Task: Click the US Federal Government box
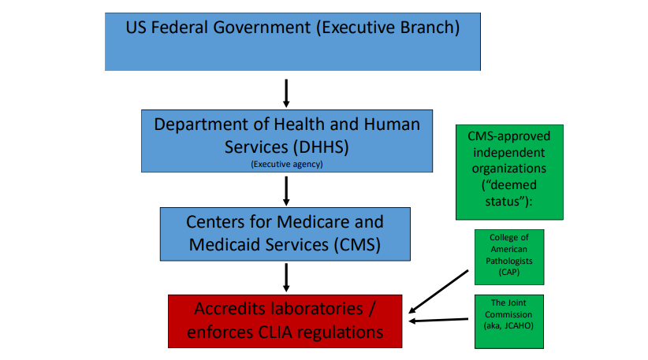[292, 42]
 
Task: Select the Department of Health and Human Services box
[287, 141]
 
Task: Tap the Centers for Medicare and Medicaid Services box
[285, 234]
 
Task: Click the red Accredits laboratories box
[285, 321]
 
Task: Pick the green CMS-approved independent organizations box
[509, 173]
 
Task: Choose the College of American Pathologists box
[509, 258]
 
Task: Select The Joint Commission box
[509, 321]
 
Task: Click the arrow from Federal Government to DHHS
[286, 93]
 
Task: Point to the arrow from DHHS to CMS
[286, 191]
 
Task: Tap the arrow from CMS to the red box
[286, 278]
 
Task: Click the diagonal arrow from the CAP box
[438, 291]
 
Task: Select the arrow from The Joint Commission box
[438, 320]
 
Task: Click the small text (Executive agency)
[287, 165]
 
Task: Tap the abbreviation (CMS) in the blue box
[357, 245]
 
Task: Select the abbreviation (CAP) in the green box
[509, 272]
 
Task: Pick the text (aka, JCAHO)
[508, 326]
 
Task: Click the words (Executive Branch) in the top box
[388, 28]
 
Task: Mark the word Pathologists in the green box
[509, 261]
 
